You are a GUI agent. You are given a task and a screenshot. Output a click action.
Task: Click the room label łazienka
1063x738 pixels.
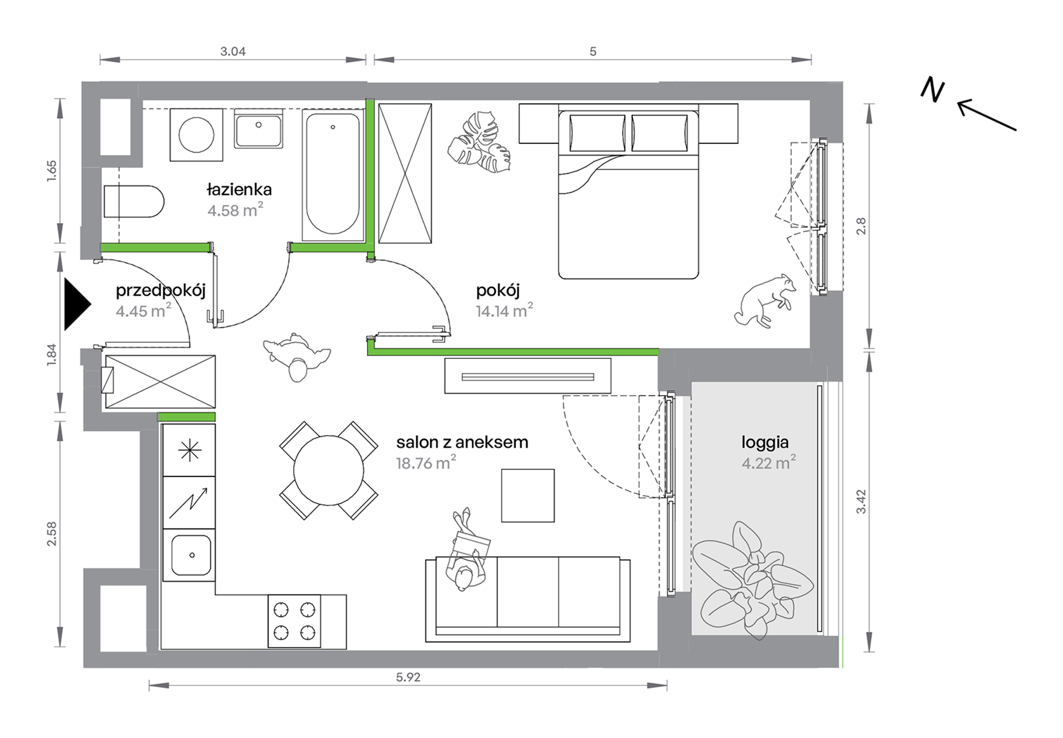pyautogui.click(x=239, y=189)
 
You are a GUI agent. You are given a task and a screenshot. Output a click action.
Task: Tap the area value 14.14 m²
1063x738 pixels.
pyautogui.click(x=504, y=310)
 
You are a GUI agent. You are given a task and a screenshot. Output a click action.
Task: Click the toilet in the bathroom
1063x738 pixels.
pyautogui.click(x=134, y=201)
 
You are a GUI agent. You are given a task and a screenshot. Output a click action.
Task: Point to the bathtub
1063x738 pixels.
pyautogui.click(x=333, y=175)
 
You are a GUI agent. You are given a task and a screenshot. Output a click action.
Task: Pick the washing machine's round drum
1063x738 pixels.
pyautogui.click(x=196, y=135)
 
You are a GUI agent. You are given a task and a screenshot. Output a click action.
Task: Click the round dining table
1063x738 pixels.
pyautogui.click(x=328, y=470)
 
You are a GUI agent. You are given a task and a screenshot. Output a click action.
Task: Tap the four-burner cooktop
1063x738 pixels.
pyautogui.click(x=294, y=621)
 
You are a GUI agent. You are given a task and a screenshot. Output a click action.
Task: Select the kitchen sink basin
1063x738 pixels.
pyautogui.click(x=191, y=555)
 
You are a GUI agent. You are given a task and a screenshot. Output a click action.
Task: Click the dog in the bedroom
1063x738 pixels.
pyautogui.click(x=764, y=301)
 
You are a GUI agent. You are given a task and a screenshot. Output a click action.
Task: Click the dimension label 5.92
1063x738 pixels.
pyautogui.click(x=408, y=677)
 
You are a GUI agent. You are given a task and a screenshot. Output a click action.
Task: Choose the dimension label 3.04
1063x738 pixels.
pyautogui.click(x=233, y=52)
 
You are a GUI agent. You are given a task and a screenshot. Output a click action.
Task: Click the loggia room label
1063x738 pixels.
pyautogui.click(x=765, y=442)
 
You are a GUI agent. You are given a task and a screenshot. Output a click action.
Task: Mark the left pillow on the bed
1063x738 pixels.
pyautogui.click(x=597, y=133)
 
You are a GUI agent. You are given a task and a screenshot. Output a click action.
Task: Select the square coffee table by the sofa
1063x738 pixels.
pyautogui.click(x=528, y=496)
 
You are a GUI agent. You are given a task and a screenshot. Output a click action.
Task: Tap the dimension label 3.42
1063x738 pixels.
pyautogui.click(x=861, y=502)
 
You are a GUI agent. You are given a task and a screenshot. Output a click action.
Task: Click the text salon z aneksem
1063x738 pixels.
pyautogui.click(x=462, y=442)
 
